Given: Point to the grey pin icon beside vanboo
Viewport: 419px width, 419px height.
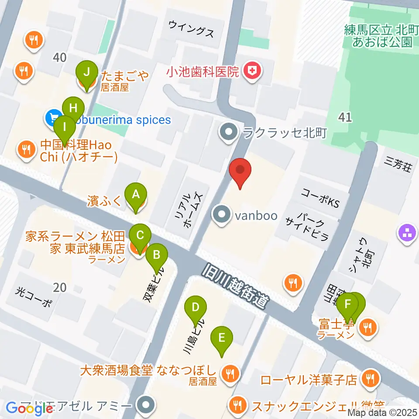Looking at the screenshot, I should tap(223, 216).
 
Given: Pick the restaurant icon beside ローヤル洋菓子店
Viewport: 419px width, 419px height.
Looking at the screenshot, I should tap(371, 379).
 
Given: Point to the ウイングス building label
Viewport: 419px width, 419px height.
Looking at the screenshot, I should tap(192, 33).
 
